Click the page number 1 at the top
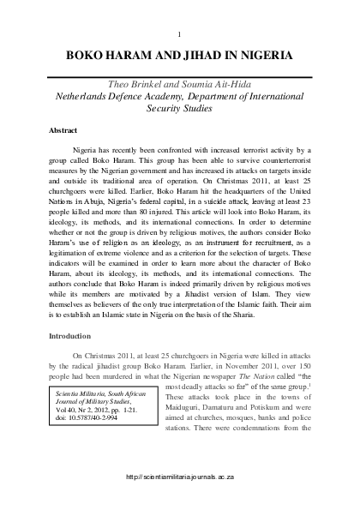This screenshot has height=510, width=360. click(179, 33)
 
